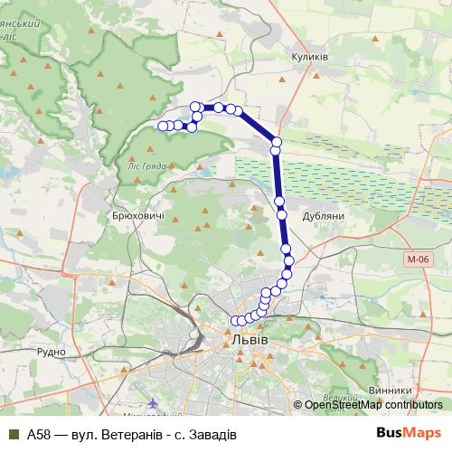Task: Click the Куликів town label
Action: [x=309, y=56]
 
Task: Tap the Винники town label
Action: [x=390, y=391]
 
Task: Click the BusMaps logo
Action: [x=409, y=432]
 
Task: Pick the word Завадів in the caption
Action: [x=210, y=433]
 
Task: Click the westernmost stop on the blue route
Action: [x=164, y=126]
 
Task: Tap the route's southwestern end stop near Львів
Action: [x=236, y=320]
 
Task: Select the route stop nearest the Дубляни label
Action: [x=282, y=214]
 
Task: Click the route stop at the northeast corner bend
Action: [x=276, y=141]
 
